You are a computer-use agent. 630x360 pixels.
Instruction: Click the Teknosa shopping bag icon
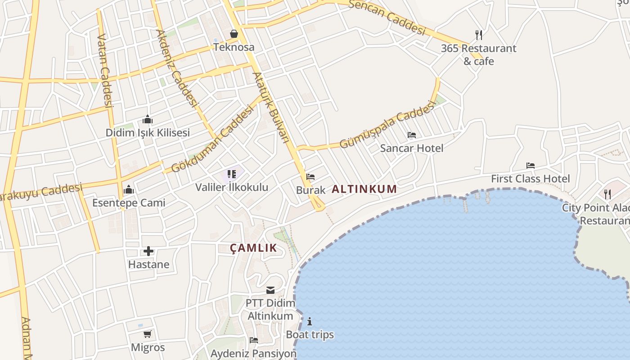pos(234,34)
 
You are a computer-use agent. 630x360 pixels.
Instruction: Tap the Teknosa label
pos(234,47)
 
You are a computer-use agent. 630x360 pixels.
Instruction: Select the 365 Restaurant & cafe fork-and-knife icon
pos(479,35)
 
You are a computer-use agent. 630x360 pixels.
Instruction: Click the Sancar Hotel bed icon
pos(411,135)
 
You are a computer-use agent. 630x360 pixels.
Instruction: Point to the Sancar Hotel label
pos(411,148)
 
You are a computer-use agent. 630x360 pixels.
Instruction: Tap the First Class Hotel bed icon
pos(531,166)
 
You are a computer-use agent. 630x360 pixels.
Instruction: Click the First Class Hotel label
pos(530,179)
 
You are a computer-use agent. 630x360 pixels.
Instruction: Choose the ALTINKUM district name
pos(364,189)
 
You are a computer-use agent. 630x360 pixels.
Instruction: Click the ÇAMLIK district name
pos(253,248)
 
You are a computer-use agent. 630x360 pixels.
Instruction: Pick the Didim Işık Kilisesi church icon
pos(148,120)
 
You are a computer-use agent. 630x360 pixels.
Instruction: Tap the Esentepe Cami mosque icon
pos(129,189)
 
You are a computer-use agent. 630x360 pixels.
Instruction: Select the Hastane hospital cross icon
pos(148,251)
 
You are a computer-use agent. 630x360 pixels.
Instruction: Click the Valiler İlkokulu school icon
pos(232,174)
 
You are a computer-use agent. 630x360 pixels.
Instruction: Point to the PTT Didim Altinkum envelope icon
pos(270,290)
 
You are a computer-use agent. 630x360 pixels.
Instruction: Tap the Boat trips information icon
pos(310,321)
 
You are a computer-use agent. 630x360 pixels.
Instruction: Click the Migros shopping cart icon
pos(148,334)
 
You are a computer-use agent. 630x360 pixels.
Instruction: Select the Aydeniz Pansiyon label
pos(253,353)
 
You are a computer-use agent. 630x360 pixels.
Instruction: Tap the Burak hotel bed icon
pos(310,177)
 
